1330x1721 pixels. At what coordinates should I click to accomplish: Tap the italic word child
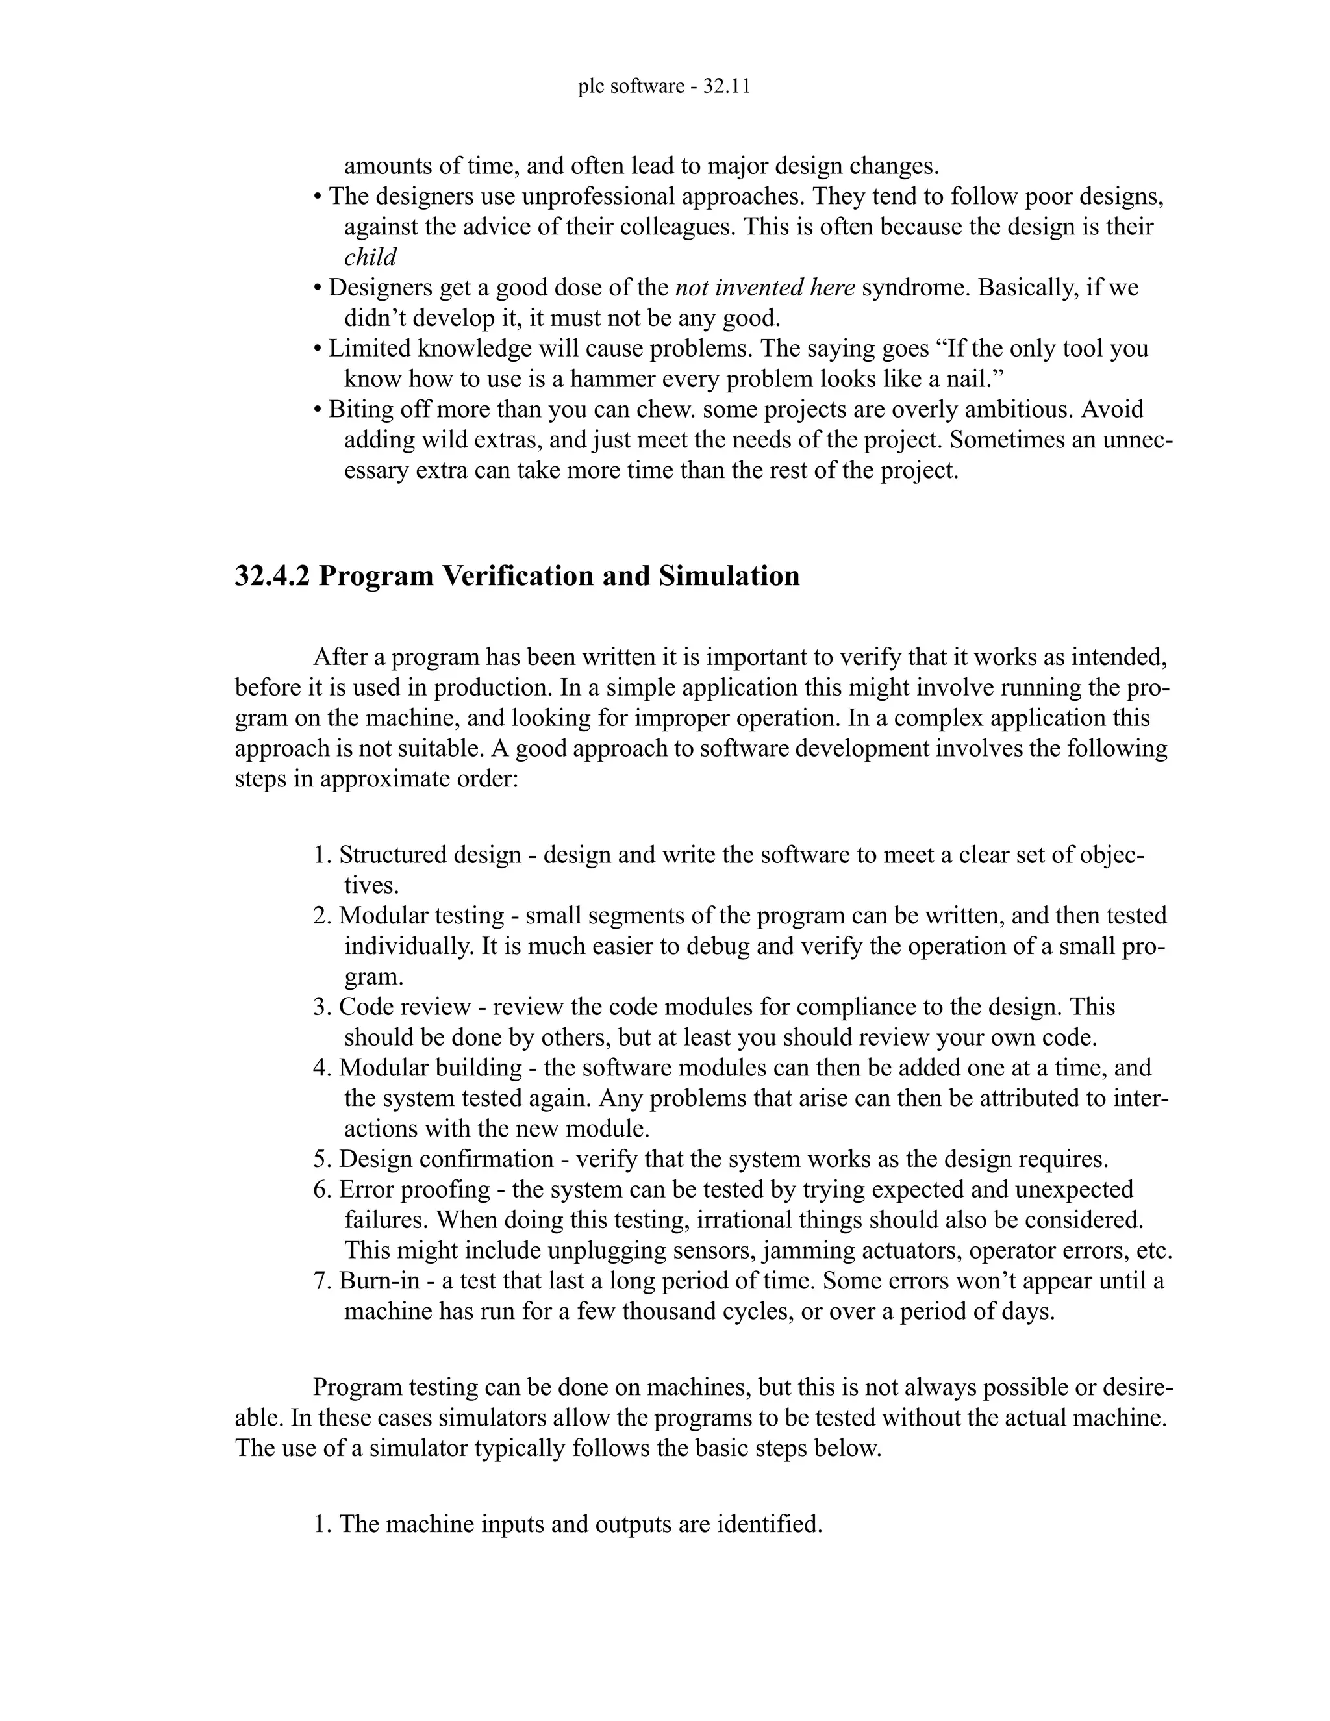click(x=370, y=257)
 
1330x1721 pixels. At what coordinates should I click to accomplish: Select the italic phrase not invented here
click(x=765, y=288)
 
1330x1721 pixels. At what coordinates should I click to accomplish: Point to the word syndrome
click(x=916, y=288)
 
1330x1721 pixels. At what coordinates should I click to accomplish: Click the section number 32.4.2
click(x=272, y=576)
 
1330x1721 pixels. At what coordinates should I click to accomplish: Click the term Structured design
click(x=430, y=855)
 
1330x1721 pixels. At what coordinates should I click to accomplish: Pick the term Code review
click(x=405, y=1007)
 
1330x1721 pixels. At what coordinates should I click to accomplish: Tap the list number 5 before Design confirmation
click(x=320, y=1159)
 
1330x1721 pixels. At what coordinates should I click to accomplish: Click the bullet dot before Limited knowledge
click(x=317, y=349)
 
